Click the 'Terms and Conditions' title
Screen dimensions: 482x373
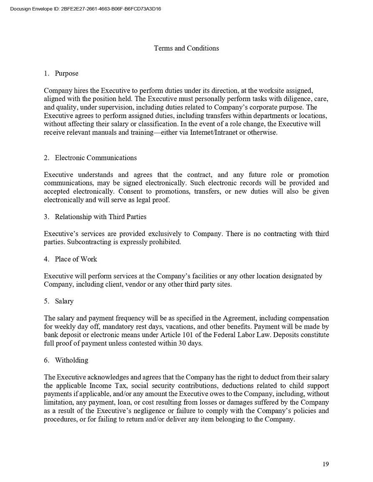pyautogui.click(x=186, y=48)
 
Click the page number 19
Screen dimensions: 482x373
pyautogui.click(x=325, y=464)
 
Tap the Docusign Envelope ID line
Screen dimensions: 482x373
pyautogui.click(x=85, y=9)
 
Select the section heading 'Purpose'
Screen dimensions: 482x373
pyautogui.click(x=66, y=73)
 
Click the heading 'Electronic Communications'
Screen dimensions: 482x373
pyautogui.click(x=96, y=158)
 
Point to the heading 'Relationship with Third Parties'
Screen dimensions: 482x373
pyautogui.click(x=100, y=217)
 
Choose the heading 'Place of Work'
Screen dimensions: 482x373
pyautogui.click(x=76, y=259)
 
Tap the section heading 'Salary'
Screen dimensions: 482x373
pyautogui.click(x=64, y=301)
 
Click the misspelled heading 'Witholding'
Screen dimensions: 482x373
pyautogui.click(x=71, y=360)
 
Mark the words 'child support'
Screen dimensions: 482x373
pyautogui.click(x=308, y=386)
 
